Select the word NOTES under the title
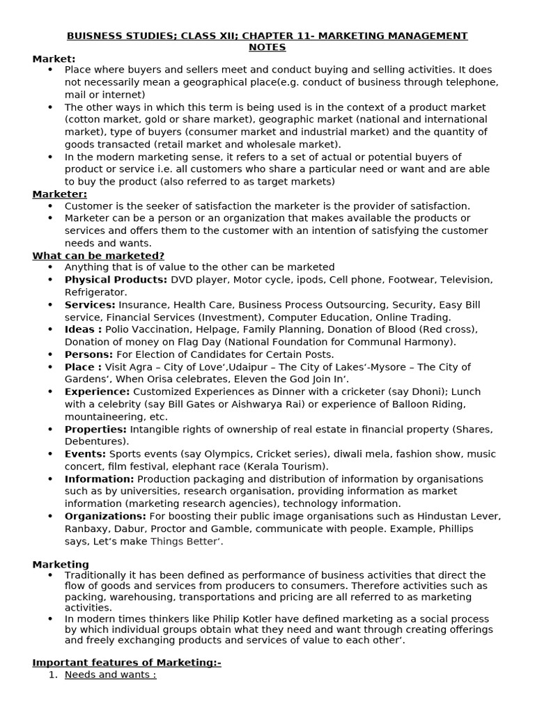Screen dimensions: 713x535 click(x=267, y=47)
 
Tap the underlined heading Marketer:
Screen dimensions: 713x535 click(x=60, y=194)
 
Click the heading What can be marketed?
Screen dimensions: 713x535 click(x=98, y=256)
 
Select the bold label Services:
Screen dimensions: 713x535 click(x=90, y=305)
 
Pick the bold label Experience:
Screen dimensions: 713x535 click(x=97, y=391)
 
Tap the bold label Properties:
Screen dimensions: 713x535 click(x=95, y=429)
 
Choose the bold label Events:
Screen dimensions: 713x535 click(x=85, y=454)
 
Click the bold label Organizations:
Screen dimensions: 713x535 click(x=105, y=516)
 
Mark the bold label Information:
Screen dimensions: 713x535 click(x=99, y=479)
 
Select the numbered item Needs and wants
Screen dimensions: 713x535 click(x=110, y=675)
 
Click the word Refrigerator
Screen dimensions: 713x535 click(x=95, y=292)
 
